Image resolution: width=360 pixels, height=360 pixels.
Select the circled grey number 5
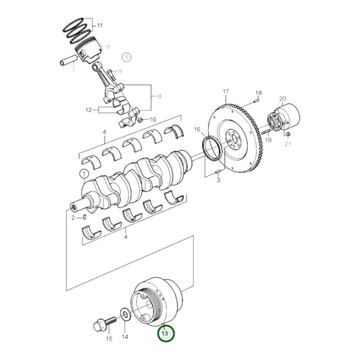[x=126, y=58]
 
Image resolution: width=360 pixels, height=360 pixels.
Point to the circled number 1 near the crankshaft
[x=83, y=174]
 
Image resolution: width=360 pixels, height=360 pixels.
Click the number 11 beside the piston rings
[x=100, y=26]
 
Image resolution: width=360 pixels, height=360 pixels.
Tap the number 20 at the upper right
[x=283, y=99]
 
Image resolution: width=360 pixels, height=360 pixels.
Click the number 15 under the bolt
[x=109, y=338]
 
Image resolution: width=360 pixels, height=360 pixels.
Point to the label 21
[x=287, y=143]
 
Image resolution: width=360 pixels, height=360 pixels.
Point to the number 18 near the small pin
[x=257, y=93]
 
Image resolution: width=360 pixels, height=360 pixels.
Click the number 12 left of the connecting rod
[x=88, y=109]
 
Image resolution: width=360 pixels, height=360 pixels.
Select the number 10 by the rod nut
[x=153, y=120]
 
